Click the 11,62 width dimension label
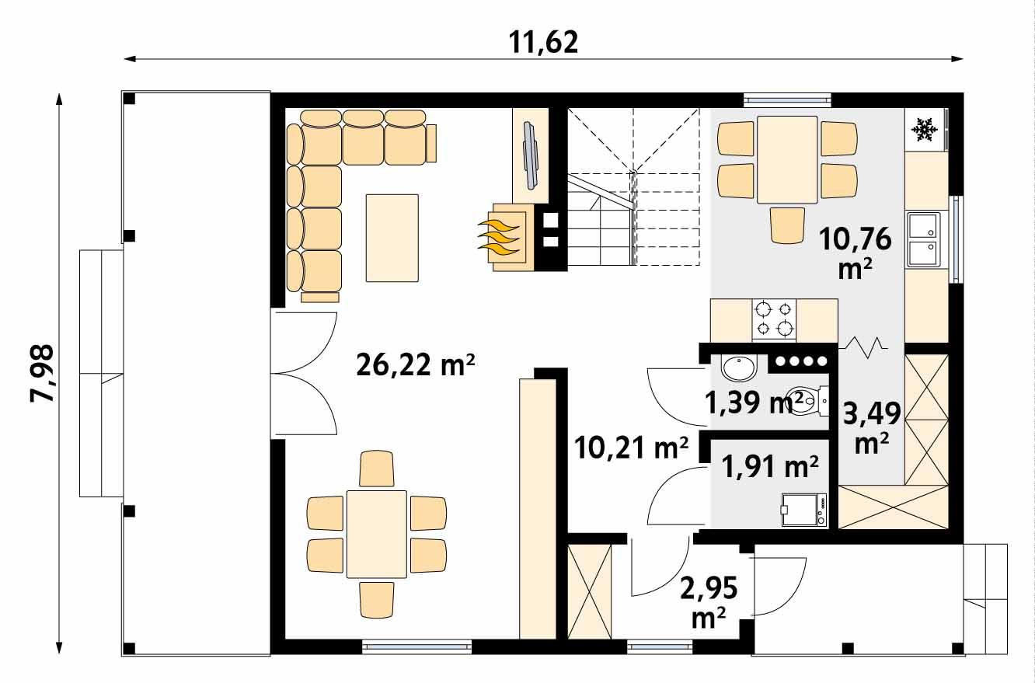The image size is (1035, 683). [544, 42]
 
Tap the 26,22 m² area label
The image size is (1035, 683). [415, 363]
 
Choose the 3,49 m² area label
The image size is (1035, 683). [871, 427]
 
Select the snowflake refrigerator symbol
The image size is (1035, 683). [923, 129]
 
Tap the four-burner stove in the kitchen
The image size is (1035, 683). [774, 319]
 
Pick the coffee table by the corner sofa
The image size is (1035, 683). [392, 237]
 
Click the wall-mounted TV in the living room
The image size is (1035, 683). [530, 155]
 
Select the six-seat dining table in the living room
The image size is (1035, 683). [377, 534]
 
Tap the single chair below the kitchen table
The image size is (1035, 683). [787, 225]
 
